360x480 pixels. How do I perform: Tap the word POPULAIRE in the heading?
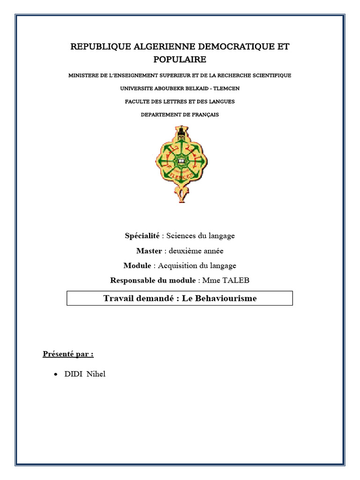(180, 60)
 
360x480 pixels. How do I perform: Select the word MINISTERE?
(83, 75)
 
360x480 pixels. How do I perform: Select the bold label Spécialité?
(142, 236)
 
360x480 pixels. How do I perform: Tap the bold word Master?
(149, 251)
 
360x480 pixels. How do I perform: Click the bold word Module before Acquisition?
(137, 266)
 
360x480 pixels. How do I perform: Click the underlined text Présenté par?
(68, 354)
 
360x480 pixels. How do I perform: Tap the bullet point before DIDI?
(56, 375)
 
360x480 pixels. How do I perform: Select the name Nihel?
(96, 374)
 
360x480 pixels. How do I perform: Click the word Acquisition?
(179, 266)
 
